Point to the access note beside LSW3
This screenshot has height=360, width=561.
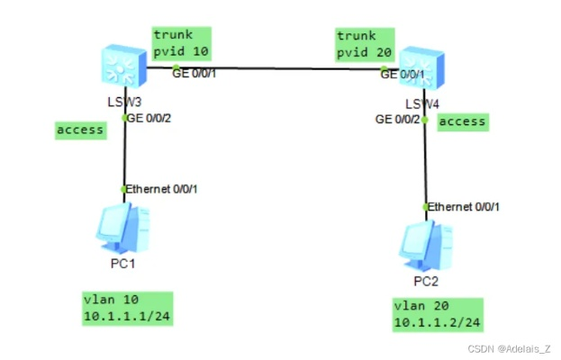coord(79,130)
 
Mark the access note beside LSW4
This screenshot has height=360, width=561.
coord(463,121)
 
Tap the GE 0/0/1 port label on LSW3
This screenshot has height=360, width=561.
coord(195,74)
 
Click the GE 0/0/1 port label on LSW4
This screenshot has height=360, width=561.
coord(403,74)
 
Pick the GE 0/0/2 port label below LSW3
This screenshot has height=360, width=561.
coord(148,118)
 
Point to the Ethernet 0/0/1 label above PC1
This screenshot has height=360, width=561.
coord(162,189)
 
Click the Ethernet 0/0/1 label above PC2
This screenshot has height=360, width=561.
coord(464,207)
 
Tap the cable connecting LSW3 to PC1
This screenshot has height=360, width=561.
coord(124,153)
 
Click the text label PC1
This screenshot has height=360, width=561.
coord(123,265)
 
